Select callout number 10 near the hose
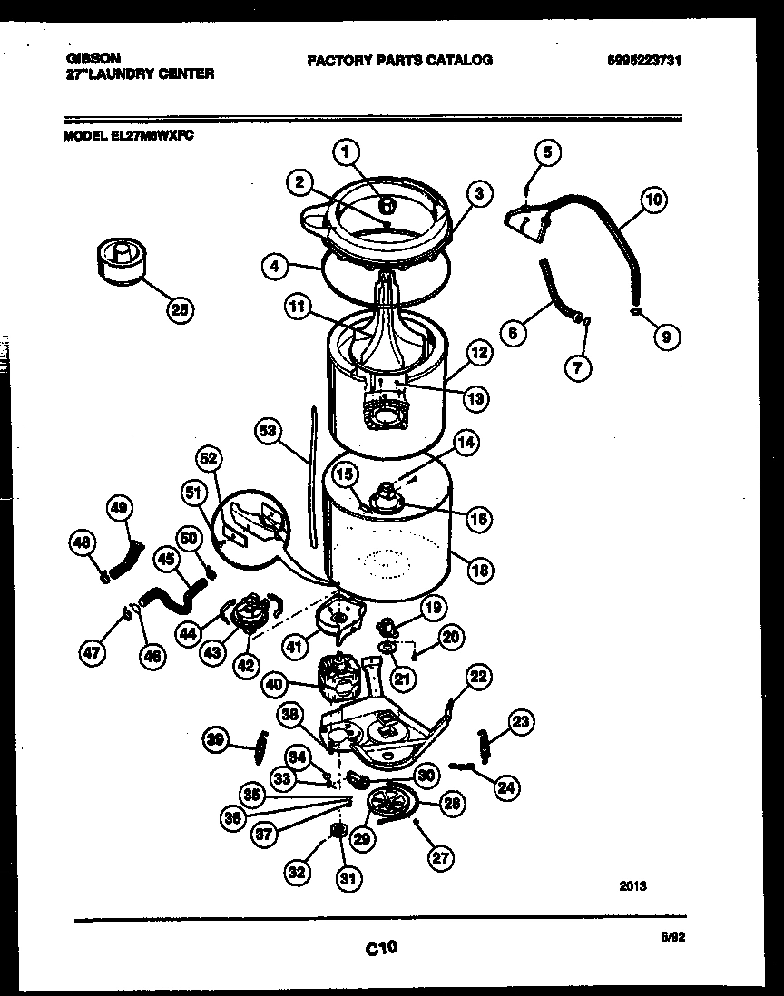pos(653,200)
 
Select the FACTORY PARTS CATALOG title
pos(399,61)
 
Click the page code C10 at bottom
pos(382,948)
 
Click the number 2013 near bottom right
pos(634,886)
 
